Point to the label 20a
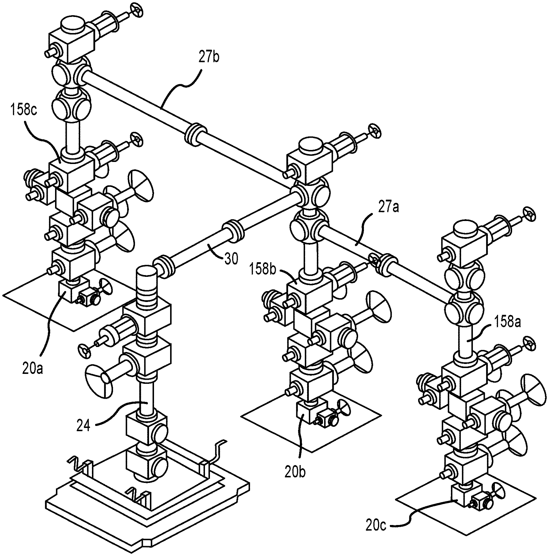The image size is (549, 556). click(32, 369)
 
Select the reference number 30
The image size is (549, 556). click(231, 258)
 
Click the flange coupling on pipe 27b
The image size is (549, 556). click(194, 133)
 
